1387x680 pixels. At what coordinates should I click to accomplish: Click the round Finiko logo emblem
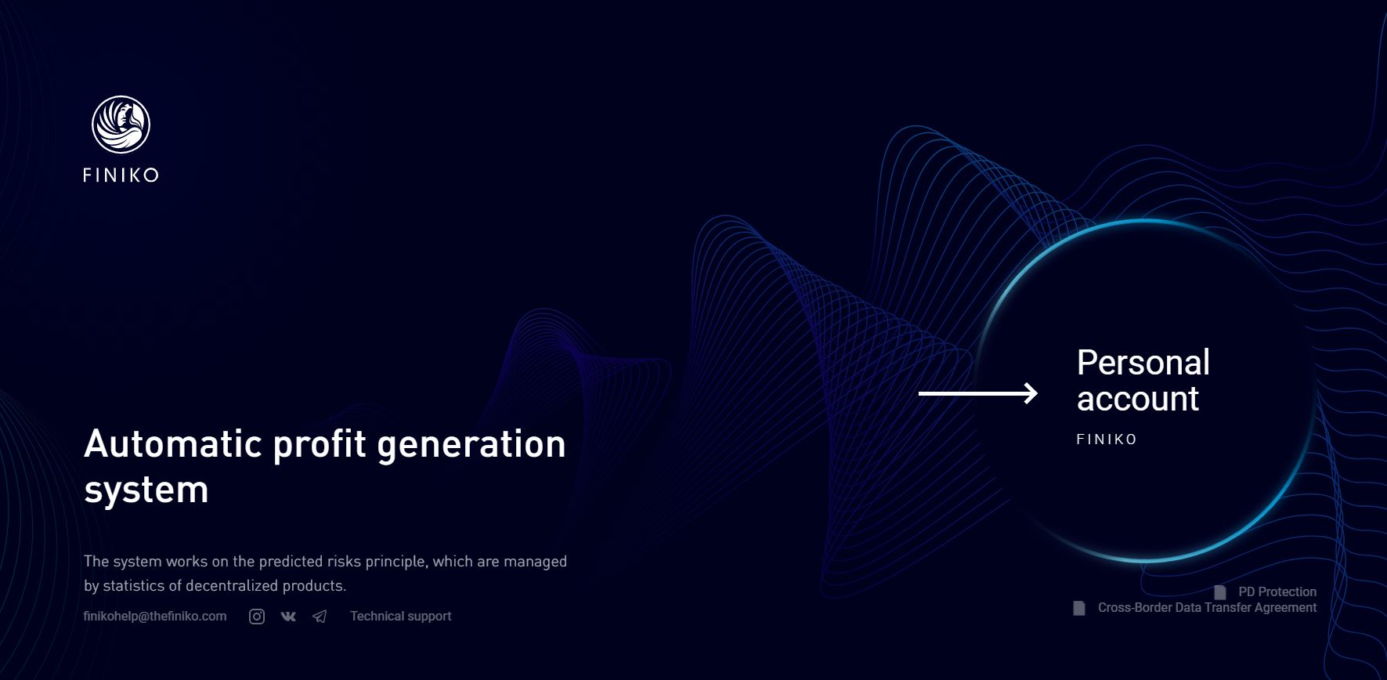click(121, 125)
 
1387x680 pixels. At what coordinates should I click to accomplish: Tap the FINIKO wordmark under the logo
click(121, 175)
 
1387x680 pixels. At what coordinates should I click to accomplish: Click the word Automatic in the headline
click(173, 444)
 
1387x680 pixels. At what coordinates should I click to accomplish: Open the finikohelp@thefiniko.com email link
click(155, 616)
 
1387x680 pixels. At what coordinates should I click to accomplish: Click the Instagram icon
click(257, 617)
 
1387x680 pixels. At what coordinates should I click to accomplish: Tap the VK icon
click(288, 617)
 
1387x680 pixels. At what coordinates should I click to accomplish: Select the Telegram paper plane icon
click(320, 617)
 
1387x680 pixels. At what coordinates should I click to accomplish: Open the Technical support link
click(401, 616)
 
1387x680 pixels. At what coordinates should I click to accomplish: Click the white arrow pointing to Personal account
click(978, 393)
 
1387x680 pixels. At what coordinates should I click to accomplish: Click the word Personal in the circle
click(1143, 363)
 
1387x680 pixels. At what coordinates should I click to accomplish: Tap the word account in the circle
click(1138, 399)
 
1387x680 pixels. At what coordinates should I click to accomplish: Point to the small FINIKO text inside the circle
click(1107, 439)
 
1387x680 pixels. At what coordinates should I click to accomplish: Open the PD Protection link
click(1277, 591)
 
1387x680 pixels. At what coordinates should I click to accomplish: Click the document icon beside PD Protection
click(1220, 591)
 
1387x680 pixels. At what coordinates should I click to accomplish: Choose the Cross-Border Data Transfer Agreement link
click(1207, 607)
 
